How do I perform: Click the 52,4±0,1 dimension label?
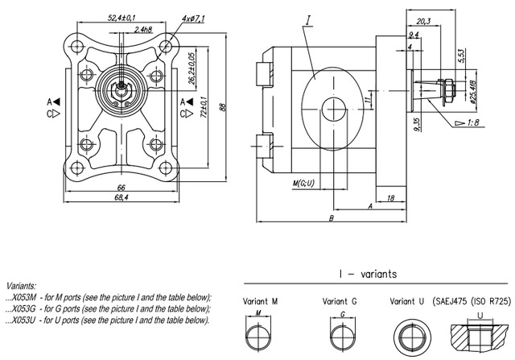tap(121, 16)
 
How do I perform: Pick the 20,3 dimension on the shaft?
tap(426, 22)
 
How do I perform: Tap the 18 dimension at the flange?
tap(390, 197)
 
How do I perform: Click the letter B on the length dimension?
tap(332, 218)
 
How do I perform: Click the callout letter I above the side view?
tap(309, 17)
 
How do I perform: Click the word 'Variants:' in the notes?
tap(21, 286)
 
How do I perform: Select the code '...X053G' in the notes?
tap(23, 308)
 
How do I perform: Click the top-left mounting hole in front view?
tap(77, 46)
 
